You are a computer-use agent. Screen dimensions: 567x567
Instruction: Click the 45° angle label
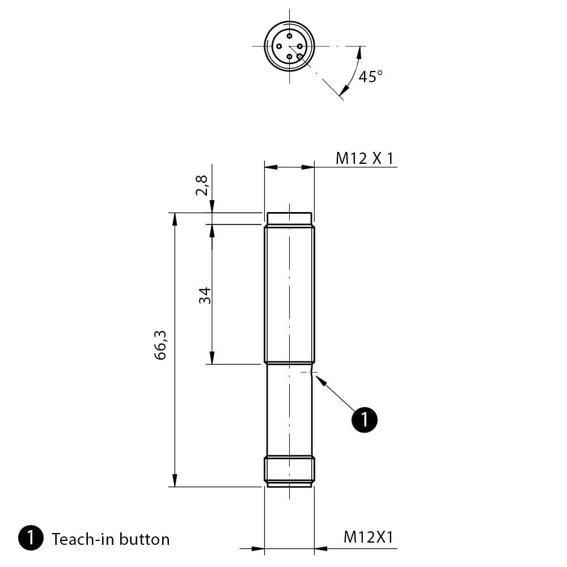click(x=370, y=77)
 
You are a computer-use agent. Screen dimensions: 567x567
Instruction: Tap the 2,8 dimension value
click(x=202, y=185)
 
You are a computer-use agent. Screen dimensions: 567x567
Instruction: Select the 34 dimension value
click(x=205, y=295)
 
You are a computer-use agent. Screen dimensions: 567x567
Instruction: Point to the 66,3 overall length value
click(x=160, y=345)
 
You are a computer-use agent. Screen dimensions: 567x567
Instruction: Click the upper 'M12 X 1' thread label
click(x=364, y=158)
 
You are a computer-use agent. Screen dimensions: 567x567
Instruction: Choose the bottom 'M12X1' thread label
click(x=368, y=537)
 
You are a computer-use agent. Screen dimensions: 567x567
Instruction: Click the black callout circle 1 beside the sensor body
click(x=365, y=420)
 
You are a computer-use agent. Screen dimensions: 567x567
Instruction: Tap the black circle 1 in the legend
click(x=31, y=538)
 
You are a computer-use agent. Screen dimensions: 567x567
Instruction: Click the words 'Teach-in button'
click(x=111, y=539)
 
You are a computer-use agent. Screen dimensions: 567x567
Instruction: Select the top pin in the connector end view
click(x=289, y=36)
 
